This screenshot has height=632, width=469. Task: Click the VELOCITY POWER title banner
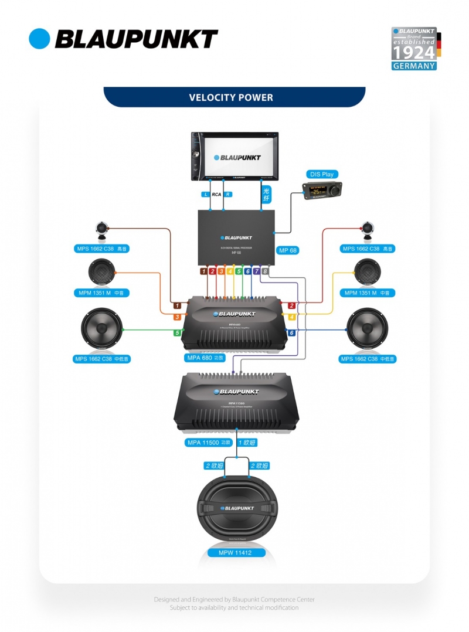click(234, 97)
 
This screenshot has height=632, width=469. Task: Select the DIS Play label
click(322, 174)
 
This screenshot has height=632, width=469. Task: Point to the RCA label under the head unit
click(216, 194)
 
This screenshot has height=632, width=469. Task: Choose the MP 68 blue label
click(288, 250)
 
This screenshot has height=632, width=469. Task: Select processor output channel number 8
click(266, 271)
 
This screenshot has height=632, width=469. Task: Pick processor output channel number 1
click(203, 271)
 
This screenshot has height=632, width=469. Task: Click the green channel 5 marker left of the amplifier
click(176, 333)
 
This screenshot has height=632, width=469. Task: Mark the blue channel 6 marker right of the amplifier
click(291, 333)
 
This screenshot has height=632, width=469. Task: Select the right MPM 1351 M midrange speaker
click(367, 273)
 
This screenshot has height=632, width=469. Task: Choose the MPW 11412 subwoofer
click(235, 508)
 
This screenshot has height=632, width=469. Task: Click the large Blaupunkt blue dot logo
click(40, 39)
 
